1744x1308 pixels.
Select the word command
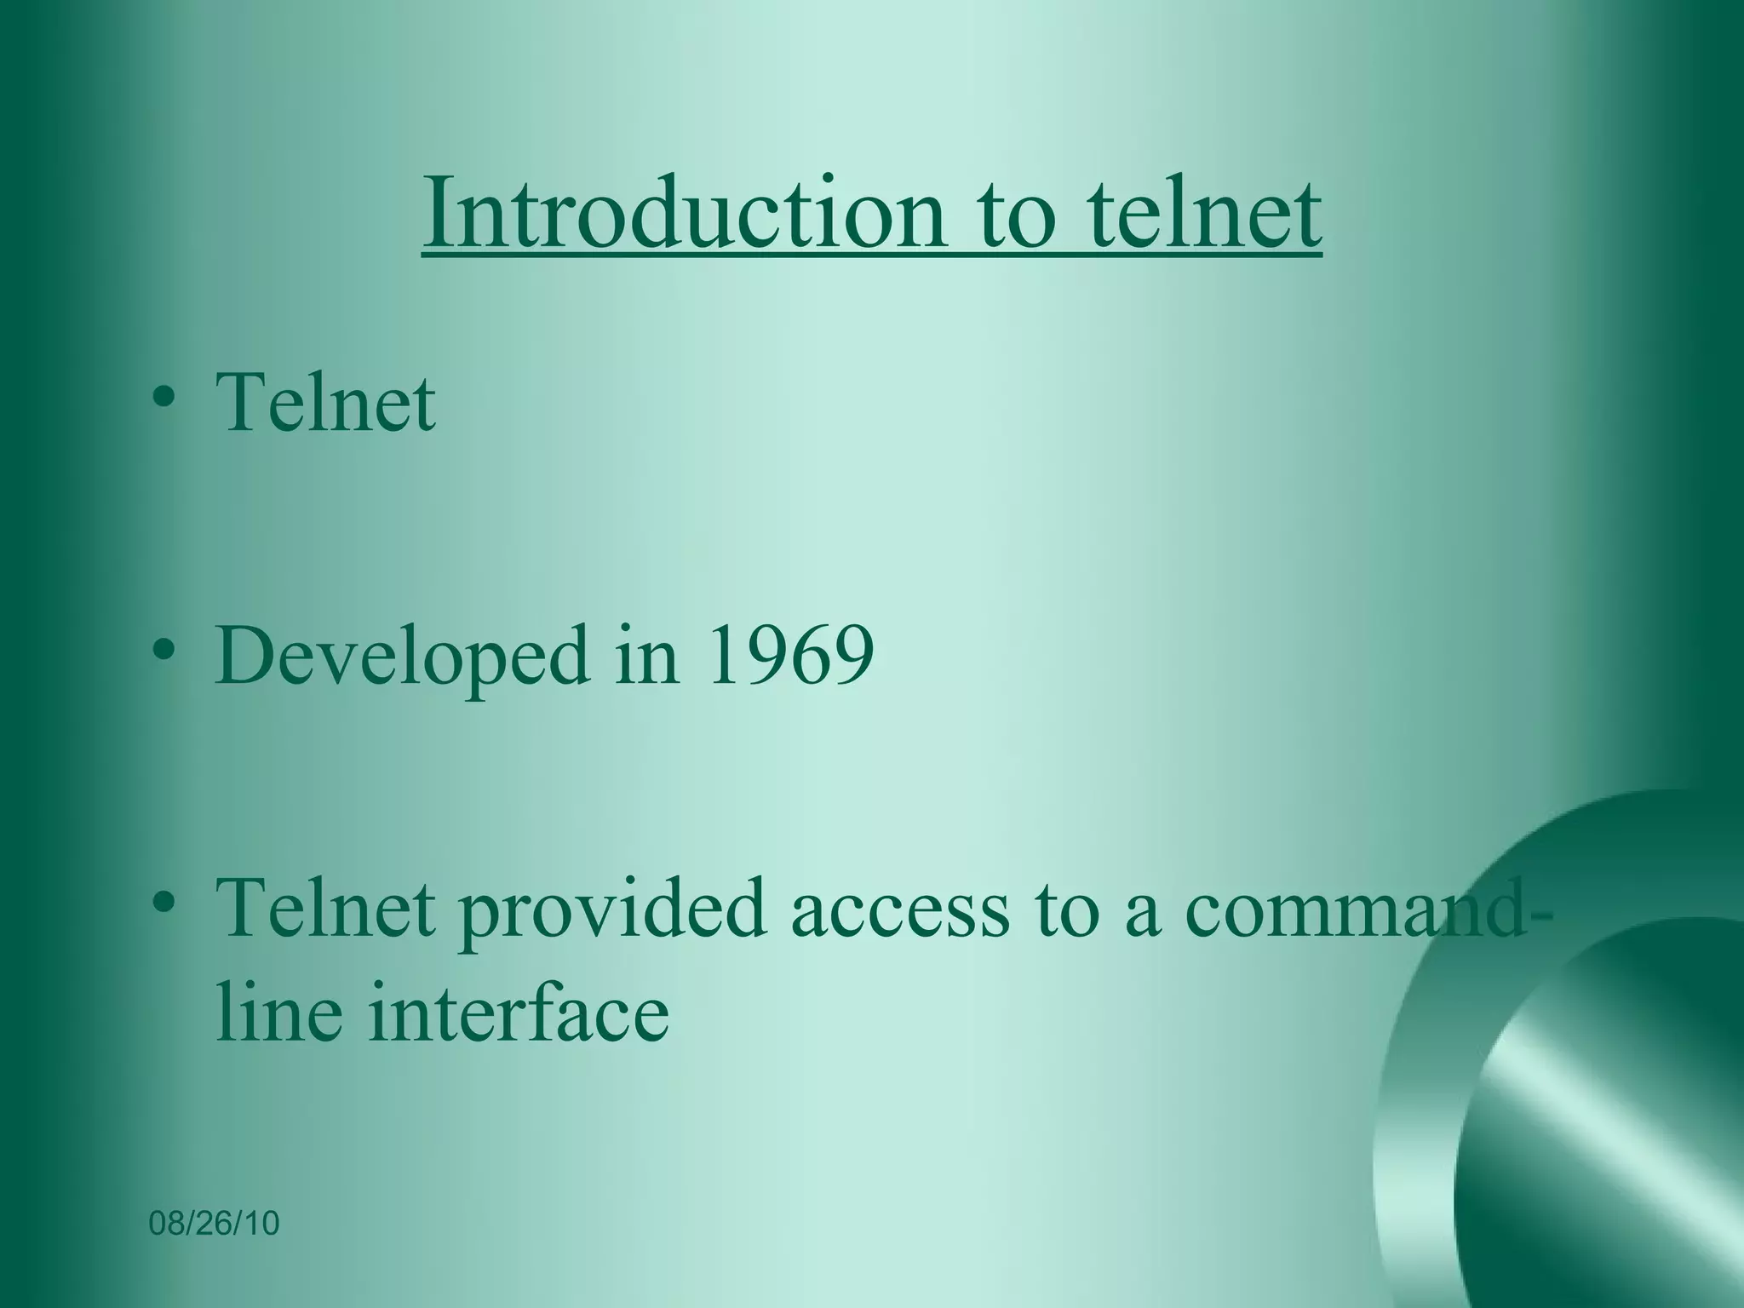[x=1354, y=909]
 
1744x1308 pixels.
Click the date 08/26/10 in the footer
[x=214, y=1224]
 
